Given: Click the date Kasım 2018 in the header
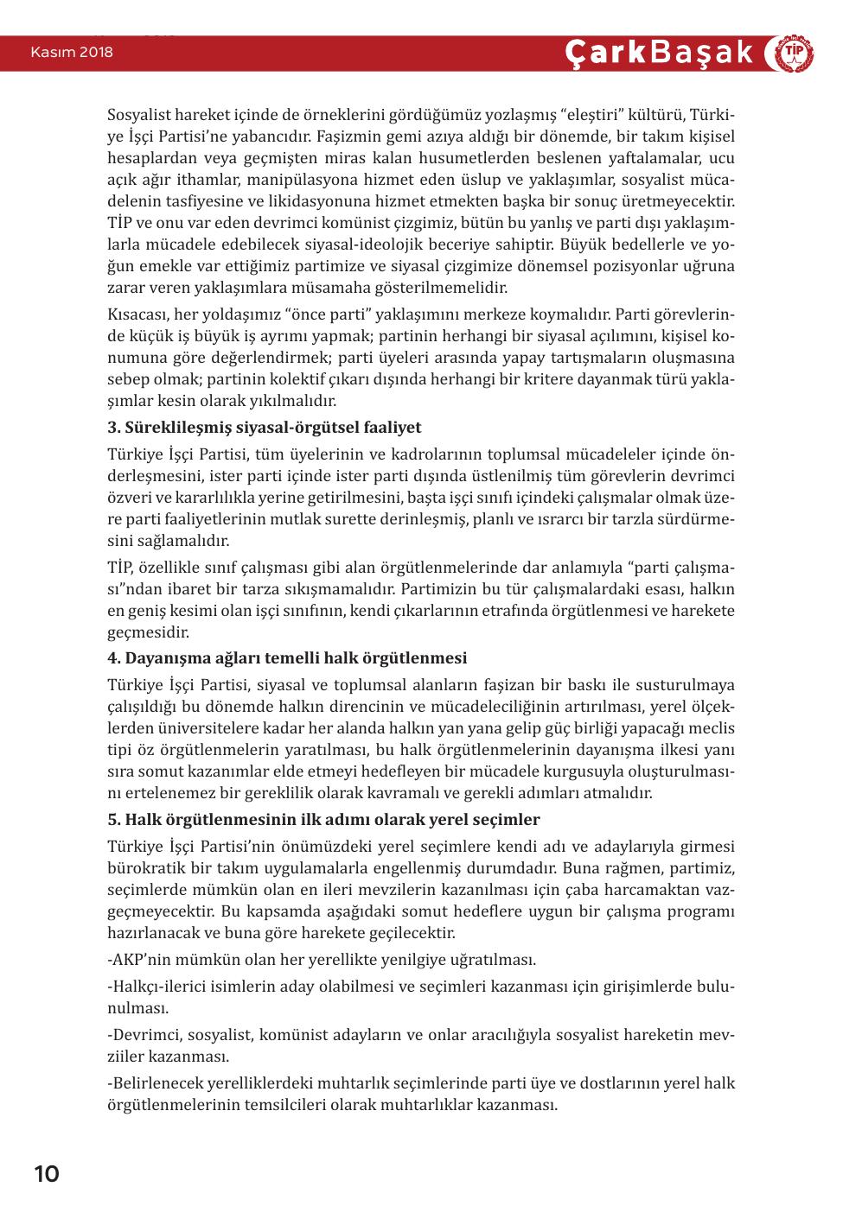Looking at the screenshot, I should (72, 53).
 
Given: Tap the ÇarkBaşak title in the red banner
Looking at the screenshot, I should (660, 53).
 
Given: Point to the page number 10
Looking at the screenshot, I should (47, 1174).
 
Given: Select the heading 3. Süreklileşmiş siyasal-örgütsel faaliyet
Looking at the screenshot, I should (265, 428).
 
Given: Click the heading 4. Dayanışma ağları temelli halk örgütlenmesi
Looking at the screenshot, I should (287, 658).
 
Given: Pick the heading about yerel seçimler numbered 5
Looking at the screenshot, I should (323, 819).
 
